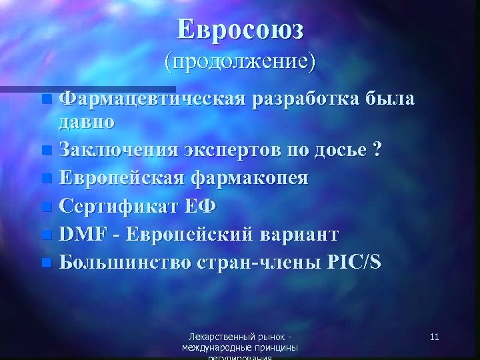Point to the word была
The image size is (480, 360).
click(x=391, y=99)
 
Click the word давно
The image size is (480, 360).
click(x=86, y=122)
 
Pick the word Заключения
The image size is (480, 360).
click(x=117, y=149)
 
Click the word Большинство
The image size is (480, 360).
click(x=126, y=262)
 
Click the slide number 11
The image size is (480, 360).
click(x=434, y=337)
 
